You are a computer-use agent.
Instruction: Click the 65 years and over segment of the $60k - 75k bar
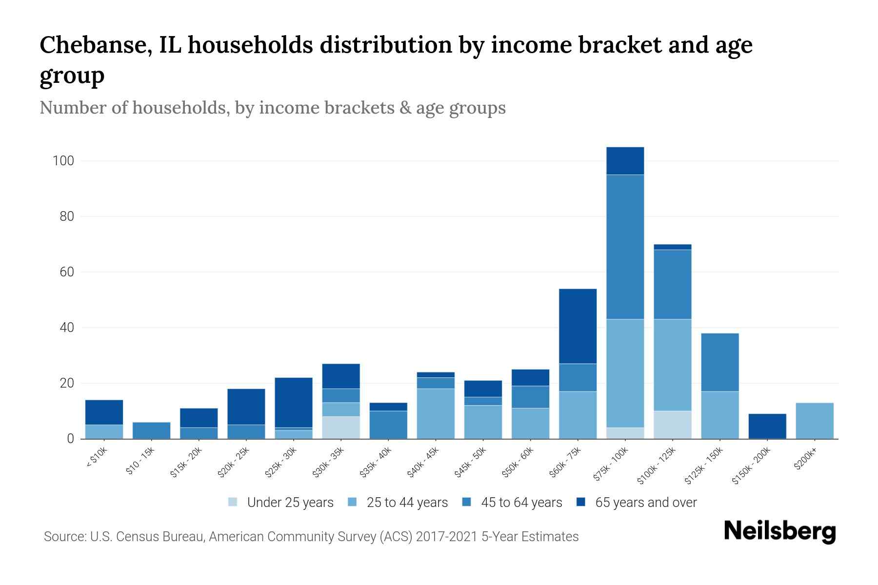tap(578, 326)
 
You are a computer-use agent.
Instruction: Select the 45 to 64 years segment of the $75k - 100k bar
tap(625, 247)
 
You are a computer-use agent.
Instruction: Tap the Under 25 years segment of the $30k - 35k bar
tap(341, 428)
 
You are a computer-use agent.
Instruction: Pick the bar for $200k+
tap(814, 421)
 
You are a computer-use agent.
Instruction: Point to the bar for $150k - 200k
tap(767, 426)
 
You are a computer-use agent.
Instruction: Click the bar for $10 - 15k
tap(151, 430)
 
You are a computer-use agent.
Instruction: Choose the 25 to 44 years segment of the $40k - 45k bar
tap(436, 413)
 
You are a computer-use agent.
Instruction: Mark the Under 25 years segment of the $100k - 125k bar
tap(672, 425)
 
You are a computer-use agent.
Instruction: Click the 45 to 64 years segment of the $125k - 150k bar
tap(719, 362)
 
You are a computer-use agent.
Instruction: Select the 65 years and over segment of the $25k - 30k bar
tap(294, 403)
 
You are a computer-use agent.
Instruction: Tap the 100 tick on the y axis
tap(63, 161)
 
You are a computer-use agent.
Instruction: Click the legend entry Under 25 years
tap(290, 503)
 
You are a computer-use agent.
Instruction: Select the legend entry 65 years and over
tap(645, 503)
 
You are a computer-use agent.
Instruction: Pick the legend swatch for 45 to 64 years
tap(466, 502)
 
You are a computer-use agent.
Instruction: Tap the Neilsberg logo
tap(779, 531)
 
